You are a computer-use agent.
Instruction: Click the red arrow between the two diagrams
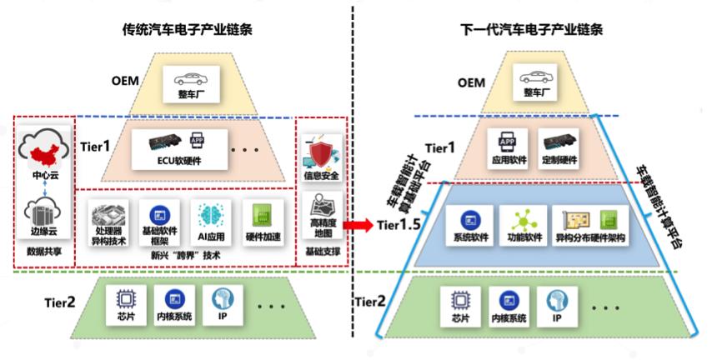358,225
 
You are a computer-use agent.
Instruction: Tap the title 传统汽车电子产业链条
188,30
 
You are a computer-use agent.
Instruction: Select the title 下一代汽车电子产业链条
532,30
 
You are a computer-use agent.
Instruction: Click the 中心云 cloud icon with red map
45,151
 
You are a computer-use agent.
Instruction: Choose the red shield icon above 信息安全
322,155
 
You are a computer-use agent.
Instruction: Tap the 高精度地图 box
322,216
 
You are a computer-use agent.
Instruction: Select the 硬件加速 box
263,222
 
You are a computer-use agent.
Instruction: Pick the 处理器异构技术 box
108,222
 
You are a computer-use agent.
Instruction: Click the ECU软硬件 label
179,161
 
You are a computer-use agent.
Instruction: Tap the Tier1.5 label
399,225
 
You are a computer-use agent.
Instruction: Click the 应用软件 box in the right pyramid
508,148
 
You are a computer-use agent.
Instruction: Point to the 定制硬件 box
558,148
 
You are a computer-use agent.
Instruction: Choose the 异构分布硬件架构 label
591,239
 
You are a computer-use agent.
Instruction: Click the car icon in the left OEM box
191,77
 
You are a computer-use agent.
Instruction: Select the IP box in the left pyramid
223,305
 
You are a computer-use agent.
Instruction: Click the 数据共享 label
45,252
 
